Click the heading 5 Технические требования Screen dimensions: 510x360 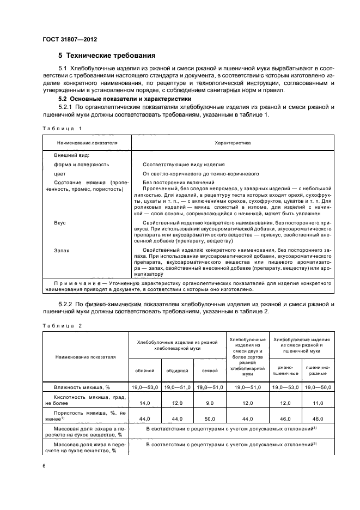pos(107,56)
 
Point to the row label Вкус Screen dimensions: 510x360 pos(60,223)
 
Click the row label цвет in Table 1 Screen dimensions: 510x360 pos(60,173)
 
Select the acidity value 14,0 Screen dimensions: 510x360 pos(144,403)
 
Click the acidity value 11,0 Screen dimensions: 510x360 pos(318,403)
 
